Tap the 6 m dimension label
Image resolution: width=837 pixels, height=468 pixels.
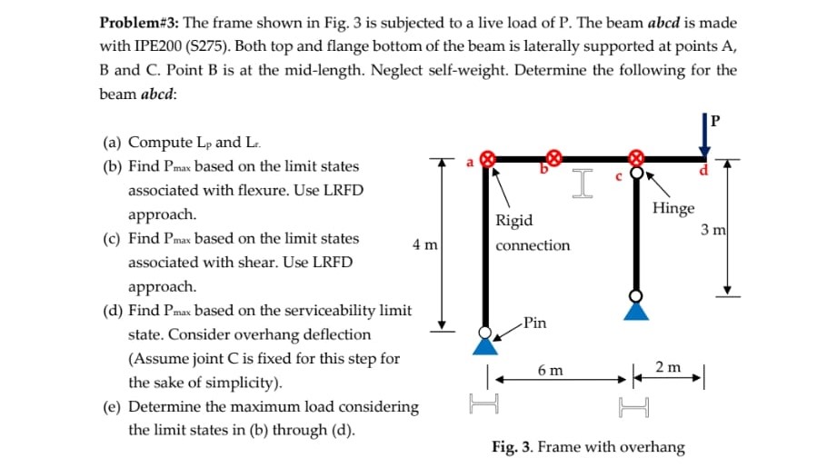pyautogui.click(x=550, y=371)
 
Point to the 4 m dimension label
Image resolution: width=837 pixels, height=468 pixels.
pyautogui.click(x=424, y=245)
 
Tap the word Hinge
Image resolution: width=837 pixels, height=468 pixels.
pyautogui.click(x=673, y=208)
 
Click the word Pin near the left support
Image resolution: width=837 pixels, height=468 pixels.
pyautogui.click(x=535, y=323)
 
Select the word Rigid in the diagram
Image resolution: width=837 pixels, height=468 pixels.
pyautogui.click(x=514, y=221)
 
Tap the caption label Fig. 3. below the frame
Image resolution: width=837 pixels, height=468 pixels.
pyautogui.click(x=514, y=447)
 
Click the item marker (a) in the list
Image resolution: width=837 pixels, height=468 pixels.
pyautogui.click(x=114, y=143)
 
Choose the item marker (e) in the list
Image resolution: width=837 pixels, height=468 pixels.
pyautogui.click(x=114, y=406)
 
